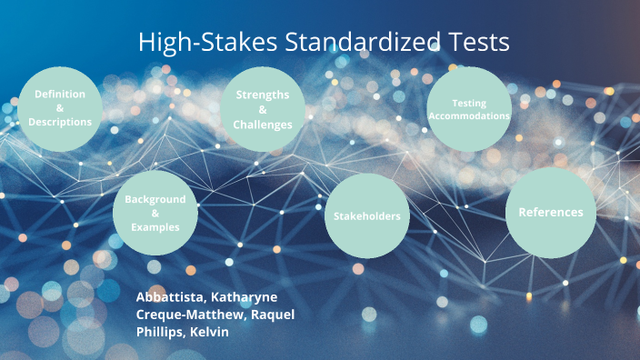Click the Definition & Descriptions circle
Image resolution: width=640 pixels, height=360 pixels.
[60, 108]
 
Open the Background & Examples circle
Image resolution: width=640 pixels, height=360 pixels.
[155, 213]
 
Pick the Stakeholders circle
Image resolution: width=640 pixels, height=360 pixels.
[367, 215]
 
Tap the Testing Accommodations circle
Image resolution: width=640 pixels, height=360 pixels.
[469, 109]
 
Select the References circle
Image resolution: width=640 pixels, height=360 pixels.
[550, 212]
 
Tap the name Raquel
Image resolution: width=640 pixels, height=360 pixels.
[273, 315]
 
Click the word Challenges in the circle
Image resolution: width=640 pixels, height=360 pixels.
[263, 125]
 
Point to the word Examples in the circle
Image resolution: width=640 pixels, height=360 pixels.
[155, 227]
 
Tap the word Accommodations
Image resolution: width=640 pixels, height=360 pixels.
[469, 116]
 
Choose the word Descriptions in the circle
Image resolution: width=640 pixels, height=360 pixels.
[60, 122]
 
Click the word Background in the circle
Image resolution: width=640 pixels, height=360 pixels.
[155, 199]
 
